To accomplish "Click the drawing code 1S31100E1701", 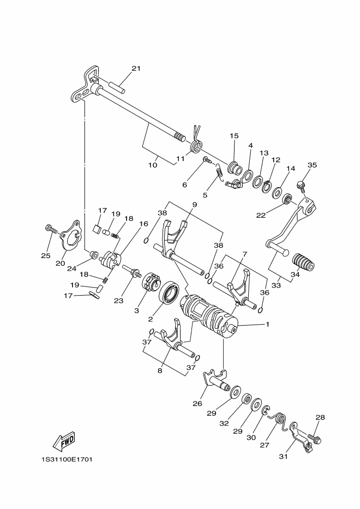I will (x=66, y=459).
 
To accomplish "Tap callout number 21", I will (x=136, y=69).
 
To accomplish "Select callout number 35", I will (x=312, y=165).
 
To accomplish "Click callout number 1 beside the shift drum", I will (x=267, y=324).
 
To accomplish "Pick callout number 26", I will (x=197, y=404).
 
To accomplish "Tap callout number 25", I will (x=45, y=255).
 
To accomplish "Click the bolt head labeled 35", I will (x=302, y=187).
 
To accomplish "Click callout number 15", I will (x=234, y=136).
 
